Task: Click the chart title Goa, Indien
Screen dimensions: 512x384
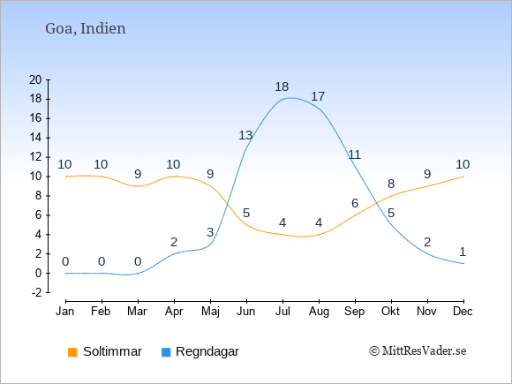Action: point(86,29)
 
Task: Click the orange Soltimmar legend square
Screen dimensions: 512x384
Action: point(72,352)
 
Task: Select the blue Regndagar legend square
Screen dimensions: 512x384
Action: point(166,352)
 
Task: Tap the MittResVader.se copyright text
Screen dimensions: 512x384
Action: point(418,351)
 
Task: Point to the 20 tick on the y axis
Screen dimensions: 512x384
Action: point(35,79)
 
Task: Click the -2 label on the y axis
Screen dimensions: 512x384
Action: point(36,292)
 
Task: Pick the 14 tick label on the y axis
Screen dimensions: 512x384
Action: point(35,138)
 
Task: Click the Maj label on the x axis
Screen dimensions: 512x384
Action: point(210,312)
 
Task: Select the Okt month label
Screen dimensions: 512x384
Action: point(390,312)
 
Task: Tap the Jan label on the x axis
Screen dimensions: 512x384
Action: point(65,312)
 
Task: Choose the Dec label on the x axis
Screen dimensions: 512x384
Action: point(463,312)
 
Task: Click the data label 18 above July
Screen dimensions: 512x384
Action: point(282,87)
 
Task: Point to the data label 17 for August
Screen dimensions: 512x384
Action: point(318,96)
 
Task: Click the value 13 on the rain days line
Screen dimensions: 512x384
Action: point(245,135)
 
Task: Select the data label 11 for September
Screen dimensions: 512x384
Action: point(354,154)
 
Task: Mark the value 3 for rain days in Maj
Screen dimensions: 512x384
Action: point(210,232)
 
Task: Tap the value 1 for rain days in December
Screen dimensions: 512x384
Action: point(463,252)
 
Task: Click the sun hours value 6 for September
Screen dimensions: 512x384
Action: point(355,203)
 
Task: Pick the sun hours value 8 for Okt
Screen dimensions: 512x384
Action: point(391,184)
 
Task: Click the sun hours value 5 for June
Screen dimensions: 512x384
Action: point(246,214)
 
